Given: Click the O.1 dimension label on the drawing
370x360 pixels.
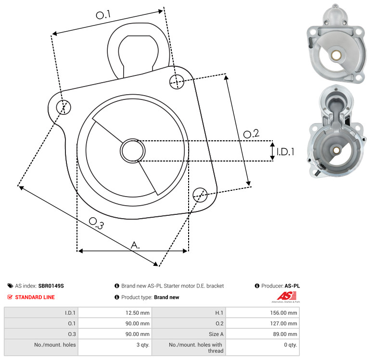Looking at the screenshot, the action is point(103,15).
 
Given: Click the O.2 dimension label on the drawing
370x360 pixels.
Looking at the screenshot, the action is point(251,134).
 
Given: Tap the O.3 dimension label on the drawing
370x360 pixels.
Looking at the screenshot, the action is point(96,223).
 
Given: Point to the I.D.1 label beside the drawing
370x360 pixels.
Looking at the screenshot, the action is point(285,152).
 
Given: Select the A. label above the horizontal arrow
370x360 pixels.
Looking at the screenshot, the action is point(135,245).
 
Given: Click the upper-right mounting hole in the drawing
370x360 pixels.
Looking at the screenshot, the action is point(177,82).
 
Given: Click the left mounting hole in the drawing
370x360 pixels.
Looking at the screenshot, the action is point(64,107).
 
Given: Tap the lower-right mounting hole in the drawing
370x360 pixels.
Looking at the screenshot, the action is point(200,195).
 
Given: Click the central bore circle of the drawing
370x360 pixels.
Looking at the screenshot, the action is point(133,150).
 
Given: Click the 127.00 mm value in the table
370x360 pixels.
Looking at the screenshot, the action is point(283,323).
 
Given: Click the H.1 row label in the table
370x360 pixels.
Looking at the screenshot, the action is point(219,313).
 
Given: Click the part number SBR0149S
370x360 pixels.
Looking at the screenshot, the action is point(51,286).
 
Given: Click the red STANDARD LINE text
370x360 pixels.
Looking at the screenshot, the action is point(35,297).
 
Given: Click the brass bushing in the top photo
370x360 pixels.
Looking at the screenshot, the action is point(336,55).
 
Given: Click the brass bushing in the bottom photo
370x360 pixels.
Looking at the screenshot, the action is point(336,150).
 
